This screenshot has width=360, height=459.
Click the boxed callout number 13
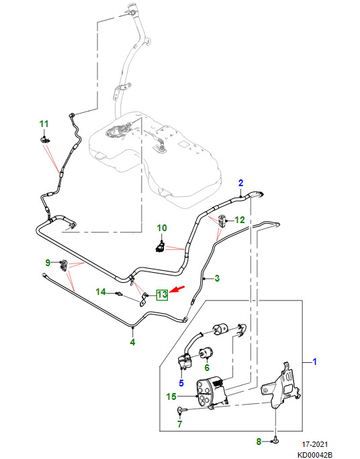(x=162, y=294)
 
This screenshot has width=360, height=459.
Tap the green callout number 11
(x=44, y=124)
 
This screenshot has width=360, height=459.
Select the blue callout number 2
(x=240, y=183)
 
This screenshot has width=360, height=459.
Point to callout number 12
(x=240, y=220)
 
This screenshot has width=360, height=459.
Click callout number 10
(x=162, y=228)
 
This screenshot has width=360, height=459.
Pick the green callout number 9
(x=48, y=263)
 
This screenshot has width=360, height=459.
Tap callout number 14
(x=101, y=292)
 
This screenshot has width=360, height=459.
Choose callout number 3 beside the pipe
(x=217, y=278)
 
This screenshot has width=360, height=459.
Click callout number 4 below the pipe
(x=132, y=341)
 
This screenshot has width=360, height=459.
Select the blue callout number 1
(x=315, y=362)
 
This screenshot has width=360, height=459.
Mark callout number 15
(x=171, y=397)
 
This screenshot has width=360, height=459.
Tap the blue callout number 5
(x=181, y=382)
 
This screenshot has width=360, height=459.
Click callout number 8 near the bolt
(x=259, y=442)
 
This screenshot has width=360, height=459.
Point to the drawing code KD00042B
(x=315, y=455)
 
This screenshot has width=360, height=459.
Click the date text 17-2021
(x=315, y=444)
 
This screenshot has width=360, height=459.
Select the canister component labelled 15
(x=211, y=393)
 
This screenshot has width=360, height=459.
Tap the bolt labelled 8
(x=275, y=440)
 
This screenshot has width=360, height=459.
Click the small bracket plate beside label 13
(x=142, y=299)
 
